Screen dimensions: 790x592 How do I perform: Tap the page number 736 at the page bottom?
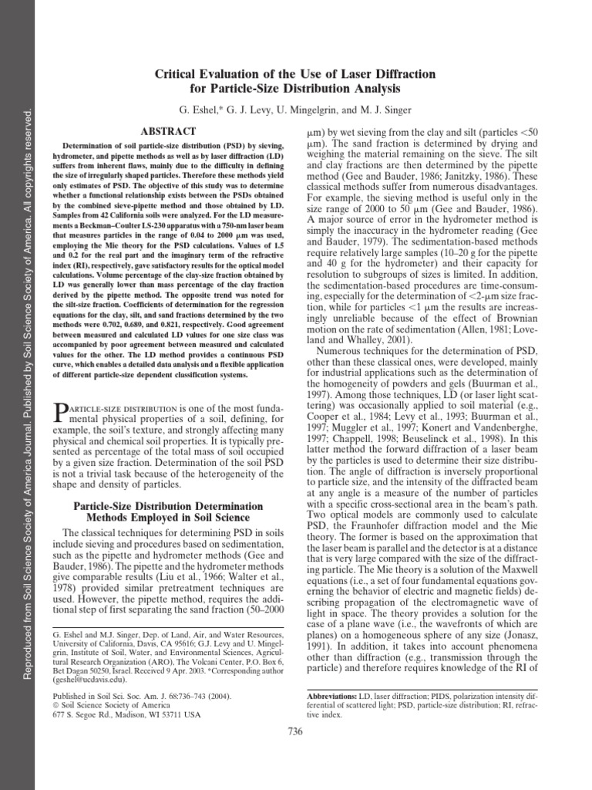[295, 731]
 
